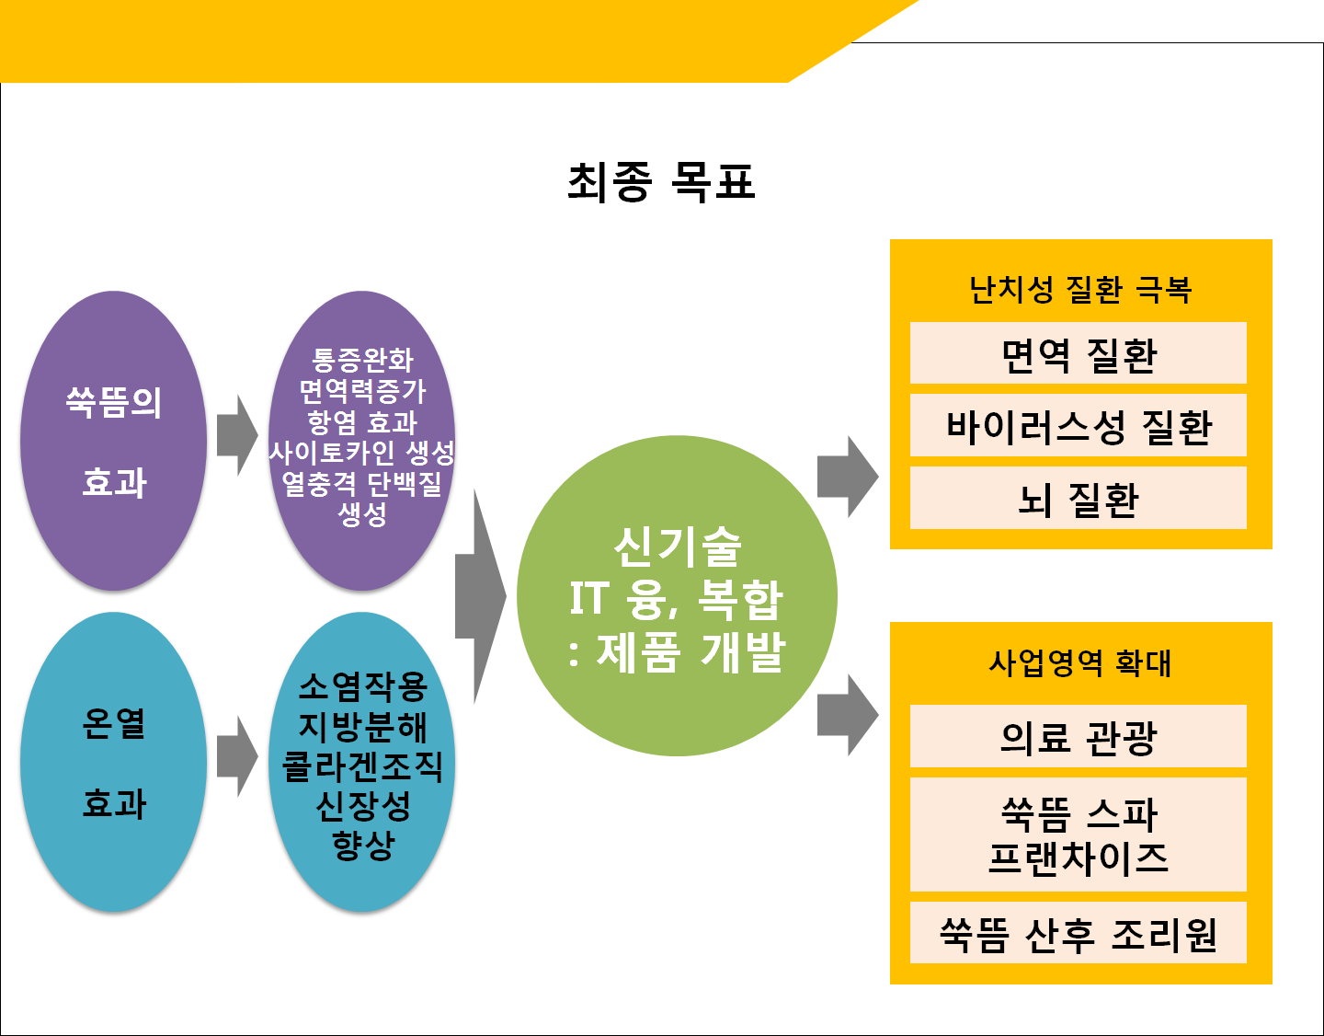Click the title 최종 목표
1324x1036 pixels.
coord(661,182)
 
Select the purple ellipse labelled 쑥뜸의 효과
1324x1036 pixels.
coord(113,441)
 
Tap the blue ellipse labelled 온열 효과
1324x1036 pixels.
coord(113,762)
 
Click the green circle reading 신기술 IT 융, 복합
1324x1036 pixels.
coord(677,595)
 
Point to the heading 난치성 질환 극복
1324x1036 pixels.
coord(1079,290)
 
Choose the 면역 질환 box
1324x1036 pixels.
coord(1078,353)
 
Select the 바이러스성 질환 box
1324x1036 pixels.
coord(1078,425)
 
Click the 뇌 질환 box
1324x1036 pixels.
coord(1078,497)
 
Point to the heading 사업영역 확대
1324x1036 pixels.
coord(1079,663)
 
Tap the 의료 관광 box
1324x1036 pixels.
coord(1078,735)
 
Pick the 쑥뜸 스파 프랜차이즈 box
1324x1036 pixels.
coord(1078,835)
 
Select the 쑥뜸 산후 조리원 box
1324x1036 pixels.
coord(1078,932)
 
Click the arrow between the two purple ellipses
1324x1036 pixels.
coord(237,435)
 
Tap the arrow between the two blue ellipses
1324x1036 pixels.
coord(237,756)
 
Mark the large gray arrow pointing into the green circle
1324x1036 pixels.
coord(481,596)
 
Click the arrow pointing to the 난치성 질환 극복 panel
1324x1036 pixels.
coord(848,477)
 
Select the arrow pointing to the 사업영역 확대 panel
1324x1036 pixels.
coord(848,715)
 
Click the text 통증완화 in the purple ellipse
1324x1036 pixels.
coord(362,360)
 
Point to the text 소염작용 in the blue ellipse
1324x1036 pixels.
coord(362,687)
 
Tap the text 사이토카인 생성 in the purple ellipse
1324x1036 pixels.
coord(362,452)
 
